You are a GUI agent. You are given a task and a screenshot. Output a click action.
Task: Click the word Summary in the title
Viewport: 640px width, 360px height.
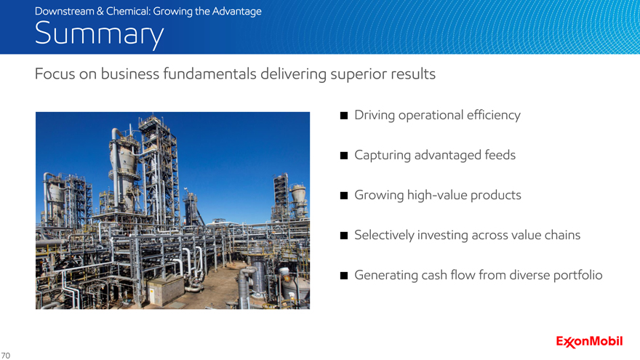pyautogui.click(x=99, y=34)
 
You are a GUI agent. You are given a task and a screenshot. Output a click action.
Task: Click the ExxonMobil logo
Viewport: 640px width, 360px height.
pyautogui.click(x=589, y=342)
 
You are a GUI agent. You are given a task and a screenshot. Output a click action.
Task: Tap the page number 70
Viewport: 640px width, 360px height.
pyautogui.click(x=5, y=356)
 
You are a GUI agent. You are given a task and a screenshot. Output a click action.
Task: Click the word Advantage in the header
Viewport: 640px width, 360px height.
pyautogui.click(x=237, y=12)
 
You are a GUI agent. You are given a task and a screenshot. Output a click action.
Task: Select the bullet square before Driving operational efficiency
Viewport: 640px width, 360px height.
pyautogui.click(x=344, y=116)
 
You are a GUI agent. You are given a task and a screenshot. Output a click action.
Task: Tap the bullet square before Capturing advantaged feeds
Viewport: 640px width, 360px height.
pyautogui.click(x=344, y=156)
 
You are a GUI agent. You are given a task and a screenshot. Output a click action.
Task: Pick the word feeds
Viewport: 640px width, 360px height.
pyautogui.click(x=500, y=155)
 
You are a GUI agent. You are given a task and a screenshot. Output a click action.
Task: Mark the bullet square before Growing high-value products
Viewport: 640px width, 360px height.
pyautogui.click(x=344, y=196)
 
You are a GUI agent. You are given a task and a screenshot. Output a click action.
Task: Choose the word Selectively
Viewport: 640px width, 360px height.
pyautogui.click(x=384, y=236)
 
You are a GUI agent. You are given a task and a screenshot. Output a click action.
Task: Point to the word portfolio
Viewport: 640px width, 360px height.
pyautogui.click(x=577, y=276)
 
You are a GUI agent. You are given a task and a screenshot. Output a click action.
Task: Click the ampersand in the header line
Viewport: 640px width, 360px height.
pyautogui.click(x=100, y=11)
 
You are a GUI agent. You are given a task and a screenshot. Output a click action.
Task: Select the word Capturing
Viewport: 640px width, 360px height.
pyautogui.click(x=383, y=156)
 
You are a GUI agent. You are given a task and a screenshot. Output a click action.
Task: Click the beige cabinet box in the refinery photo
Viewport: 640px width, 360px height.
pyautogui.click(x=166, y=290)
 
